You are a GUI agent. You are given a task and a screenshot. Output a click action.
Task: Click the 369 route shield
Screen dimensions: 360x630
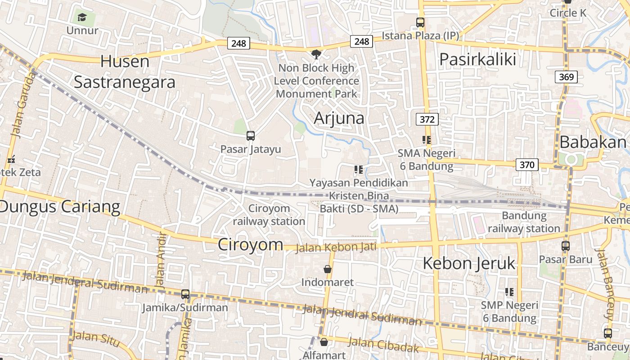(566, 77)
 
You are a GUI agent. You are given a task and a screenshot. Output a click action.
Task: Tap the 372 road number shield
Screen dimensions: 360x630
(427, 119)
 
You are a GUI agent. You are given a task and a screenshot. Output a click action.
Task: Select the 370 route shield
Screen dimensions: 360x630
(526, 165)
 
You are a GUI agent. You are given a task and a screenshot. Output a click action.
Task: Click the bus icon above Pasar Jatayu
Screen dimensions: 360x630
(251, 136)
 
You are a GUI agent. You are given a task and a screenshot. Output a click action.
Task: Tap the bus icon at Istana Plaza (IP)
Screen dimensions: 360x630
(420, 22)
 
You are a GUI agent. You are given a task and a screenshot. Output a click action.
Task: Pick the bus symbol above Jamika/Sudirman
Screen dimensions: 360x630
(185, 294)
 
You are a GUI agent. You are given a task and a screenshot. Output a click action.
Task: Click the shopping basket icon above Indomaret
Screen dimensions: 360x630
(328, 269)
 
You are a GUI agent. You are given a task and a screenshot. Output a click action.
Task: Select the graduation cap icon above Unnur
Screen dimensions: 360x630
(82, 18)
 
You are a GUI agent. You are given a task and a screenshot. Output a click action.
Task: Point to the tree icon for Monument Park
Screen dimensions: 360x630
(316, 54)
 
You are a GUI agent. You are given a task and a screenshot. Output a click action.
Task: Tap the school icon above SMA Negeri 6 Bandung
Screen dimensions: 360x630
(427, 140)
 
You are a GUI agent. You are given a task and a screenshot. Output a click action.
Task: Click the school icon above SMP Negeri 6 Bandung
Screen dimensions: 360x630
(509, 292)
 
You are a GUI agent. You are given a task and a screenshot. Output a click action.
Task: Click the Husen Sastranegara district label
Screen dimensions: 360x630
(125, 72)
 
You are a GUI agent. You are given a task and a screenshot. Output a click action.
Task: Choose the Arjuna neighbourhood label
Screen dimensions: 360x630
(339, 118)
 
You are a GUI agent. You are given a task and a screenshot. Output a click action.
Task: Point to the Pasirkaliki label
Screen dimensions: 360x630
(477, 59)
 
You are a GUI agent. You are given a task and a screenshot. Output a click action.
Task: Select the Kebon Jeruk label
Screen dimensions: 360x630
(469, 264)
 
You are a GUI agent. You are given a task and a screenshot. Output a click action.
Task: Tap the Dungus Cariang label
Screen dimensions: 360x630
(60, 207)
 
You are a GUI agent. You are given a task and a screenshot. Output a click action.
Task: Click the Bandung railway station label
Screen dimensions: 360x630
(524, 222)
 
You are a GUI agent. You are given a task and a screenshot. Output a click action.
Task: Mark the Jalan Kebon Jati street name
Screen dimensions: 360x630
(336, 247)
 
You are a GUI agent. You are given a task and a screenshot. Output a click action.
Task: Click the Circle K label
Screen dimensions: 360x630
(568, 13)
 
